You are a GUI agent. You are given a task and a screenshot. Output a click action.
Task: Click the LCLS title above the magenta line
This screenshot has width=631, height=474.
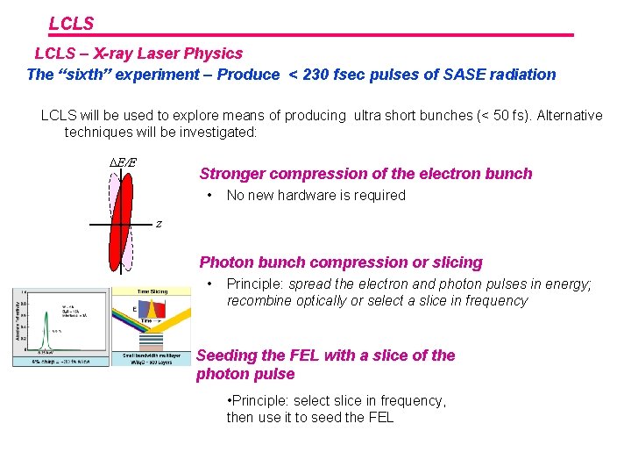71,24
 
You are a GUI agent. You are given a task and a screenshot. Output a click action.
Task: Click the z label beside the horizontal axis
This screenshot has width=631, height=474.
158,224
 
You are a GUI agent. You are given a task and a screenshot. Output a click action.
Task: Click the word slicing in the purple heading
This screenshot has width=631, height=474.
457,262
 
